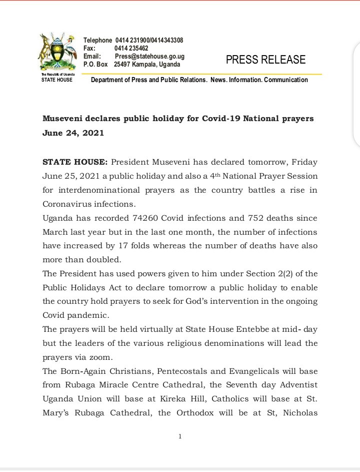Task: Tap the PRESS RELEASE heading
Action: pyautogui.click(x=265, y=60)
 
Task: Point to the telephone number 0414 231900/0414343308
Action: pyautogui.click(x=152, y=40)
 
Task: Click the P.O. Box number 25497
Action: pyautogui.click(x=122, y=65)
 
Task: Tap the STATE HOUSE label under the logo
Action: pyautogui.click(x=56, y=80)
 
